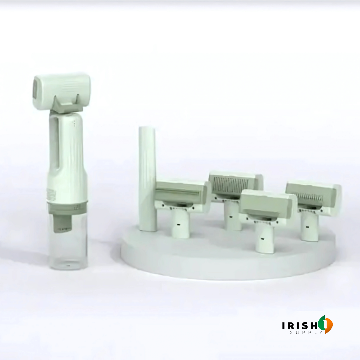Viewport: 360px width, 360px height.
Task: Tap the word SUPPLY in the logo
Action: point(307,332)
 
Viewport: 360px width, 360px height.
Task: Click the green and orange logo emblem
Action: point(326,324)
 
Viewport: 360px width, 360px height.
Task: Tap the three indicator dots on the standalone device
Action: point(74,123)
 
